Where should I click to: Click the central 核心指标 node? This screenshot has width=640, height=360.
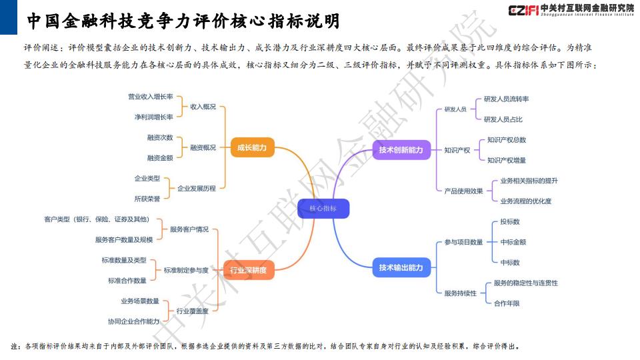(x=323, y=209)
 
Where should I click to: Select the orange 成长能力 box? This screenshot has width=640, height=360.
(x=252, y=147)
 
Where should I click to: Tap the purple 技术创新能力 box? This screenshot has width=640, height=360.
(x=401, y=150)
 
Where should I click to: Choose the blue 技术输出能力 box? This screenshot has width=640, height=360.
(x=401, y=268)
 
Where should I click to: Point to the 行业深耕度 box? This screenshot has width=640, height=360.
(x=248, y=270)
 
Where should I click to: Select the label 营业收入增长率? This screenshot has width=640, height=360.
(x=150, y=97)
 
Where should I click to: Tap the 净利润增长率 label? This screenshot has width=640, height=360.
(x=154, y=117)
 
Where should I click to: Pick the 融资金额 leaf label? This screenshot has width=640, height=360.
(x=160, y=158)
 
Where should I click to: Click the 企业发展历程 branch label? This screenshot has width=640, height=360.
(x=196, y=189)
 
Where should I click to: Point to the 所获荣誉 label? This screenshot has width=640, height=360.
(x=147, y=199)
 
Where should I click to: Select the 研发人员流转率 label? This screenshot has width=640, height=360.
(x=506, y=99)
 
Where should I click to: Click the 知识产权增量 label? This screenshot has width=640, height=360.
(x=507, y=161)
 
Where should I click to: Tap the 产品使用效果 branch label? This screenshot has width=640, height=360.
(x=464, y=191)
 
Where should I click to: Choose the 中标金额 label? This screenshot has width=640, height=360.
(x=513, y=242)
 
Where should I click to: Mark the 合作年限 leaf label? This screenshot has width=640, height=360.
(x=507, y=303)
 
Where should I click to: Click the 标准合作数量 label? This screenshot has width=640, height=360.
(x=127, y=281)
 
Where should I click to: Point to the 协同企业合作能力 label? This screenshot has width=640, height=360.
(x=133, y=321)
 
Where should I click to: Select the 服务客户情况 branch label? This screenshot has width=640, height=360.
(x=189, y=229)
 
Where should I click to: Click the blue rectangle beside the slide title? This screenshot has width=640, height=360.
(x=9, y=17)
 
